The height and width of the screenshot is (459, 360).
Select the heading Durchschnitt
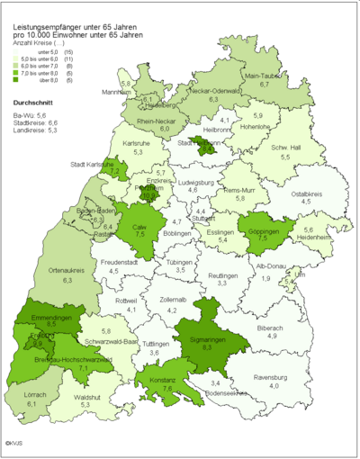[x=35, y=103]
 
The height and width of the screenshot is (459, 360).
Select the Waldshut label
[x=86, y=397]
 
